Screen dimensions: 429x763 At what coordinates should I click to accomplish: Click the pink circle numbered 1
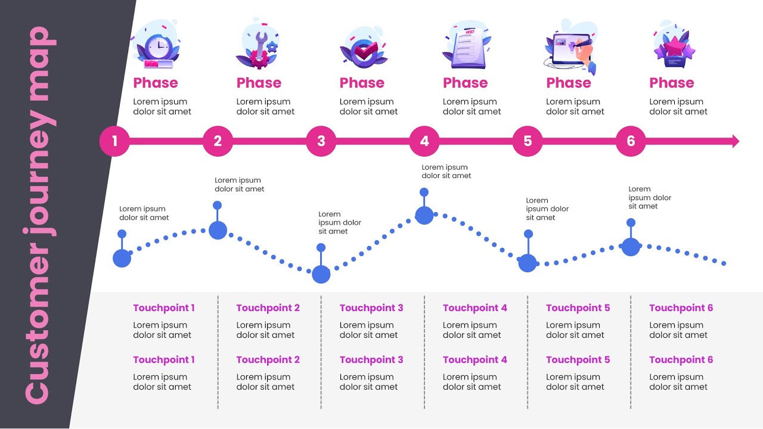click(114, 141)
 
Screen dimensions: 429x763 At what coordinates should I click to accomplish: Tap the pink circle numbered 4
click(424, 141)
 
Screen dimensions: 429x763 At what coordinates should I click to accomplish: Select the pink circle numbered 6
click(631, 141)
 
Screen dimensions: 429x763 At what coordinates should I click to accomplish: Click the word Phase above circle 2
click(259, 83)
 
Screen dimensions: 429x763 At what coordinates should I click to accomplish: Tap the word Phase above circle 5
click(569, 83)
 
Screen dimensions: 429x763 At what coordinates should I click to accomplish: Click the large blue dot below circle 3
click(321, 274)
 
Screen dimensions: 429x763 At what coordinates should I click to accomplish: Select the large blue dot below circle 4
click(424, 215)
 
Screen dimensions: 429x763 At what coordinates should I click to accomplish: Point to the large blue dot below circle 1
click(122, 258)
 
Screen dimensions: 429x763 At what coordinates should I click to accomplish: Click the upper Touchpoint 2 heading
click(268, 308)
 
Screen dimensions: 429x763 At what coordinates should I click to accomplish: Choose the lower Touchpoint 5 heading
click(578, 360)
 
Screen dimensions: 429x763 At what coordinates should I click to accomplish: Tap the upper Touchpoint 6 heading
click(681, 308)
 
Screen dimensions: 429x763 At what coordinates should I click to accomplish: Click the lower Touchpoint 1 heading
click(164, 360)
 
